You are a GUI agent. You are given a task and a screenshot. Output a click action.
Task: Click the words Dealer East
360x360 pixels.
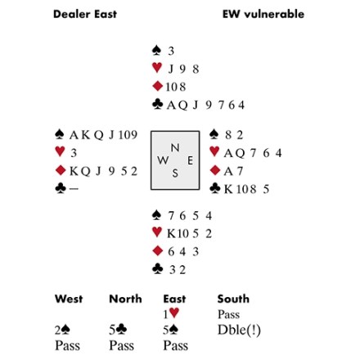[x=85, y=14]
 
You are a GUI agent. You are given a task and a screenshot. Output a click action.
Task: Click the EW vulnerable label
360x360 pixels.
[x=263, y=14]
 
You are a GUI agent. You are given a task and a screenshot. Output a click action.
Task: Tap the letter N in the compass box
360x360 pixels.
[x=175, y=148]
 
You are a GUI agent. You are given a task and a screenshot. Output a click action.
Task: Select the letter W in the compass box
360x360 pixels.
[x=163, y=160]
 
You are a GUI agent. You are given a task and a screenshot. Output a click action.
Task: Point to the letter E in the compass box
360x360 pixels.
[x=191, y=160]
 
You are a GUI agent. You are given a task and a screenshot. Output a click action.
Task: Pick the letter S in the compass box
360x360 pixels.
[x=175, y=173]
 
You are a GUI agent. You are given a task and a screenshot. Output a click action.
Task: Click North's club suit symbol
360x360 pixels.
[x=158, y=105]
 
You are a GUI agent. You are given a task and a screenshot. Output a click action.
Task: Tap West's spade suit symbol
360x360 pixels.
[x=60, y=134]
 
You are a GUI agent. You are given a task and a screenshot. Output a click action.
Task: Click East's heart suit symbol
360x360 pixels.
[x=214, y=151]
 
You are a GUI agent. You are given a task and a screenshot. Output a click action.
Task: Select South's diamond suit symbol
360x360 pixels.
[x=158, y=251]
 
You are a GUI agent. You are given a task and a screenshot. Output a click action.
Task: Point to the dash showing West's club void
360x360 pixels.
[x=74, y=188]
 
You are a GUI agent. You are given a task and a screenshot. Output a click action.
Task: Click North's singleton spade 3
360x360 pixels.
[x=171, y=51]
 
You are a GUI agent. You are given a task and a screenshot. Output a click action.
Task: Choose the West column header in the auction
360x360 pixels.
[x=69, y=299]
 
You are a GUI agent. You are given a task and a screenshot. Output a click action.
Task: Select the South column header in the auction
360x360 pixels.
[x=233, y=299]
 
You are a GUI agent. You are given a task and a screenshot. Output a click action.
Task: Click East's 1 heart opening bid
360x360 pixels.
[x=171, y=313]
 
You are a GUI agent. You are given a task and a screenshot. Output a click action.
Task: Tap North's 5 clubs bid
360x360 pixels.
[x=118, y=330]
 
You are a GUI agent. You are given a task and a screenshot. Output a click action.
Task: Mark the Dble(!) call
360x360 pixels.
[x=239, y=330]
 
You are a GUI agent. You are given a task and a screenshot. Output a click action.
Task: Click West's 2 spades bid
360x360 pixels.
[x=62, y=330]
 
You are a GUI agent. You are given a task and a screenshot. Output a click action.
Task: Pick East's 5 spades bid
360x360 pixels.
[x=171, y=330]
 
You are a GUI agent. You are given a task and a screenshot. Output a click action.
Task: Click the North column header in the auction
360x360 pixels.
[x=125, y=299]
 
